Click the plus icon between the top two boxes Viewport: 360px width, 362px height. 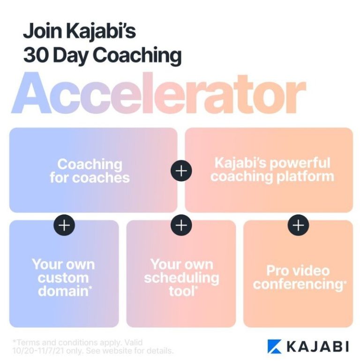click(181, 170)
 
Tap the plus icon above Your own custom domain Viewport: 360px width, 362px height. click(64, 225)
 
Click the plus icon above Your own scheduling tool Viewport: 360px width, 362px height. click(181, 225)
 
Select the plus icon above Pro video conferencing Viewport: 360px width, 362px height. click(298, 225)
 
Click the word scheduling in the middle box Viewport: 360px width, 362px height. click(181, 278)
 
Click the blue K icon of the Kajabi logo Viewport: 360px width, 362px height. click(275, 346)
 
